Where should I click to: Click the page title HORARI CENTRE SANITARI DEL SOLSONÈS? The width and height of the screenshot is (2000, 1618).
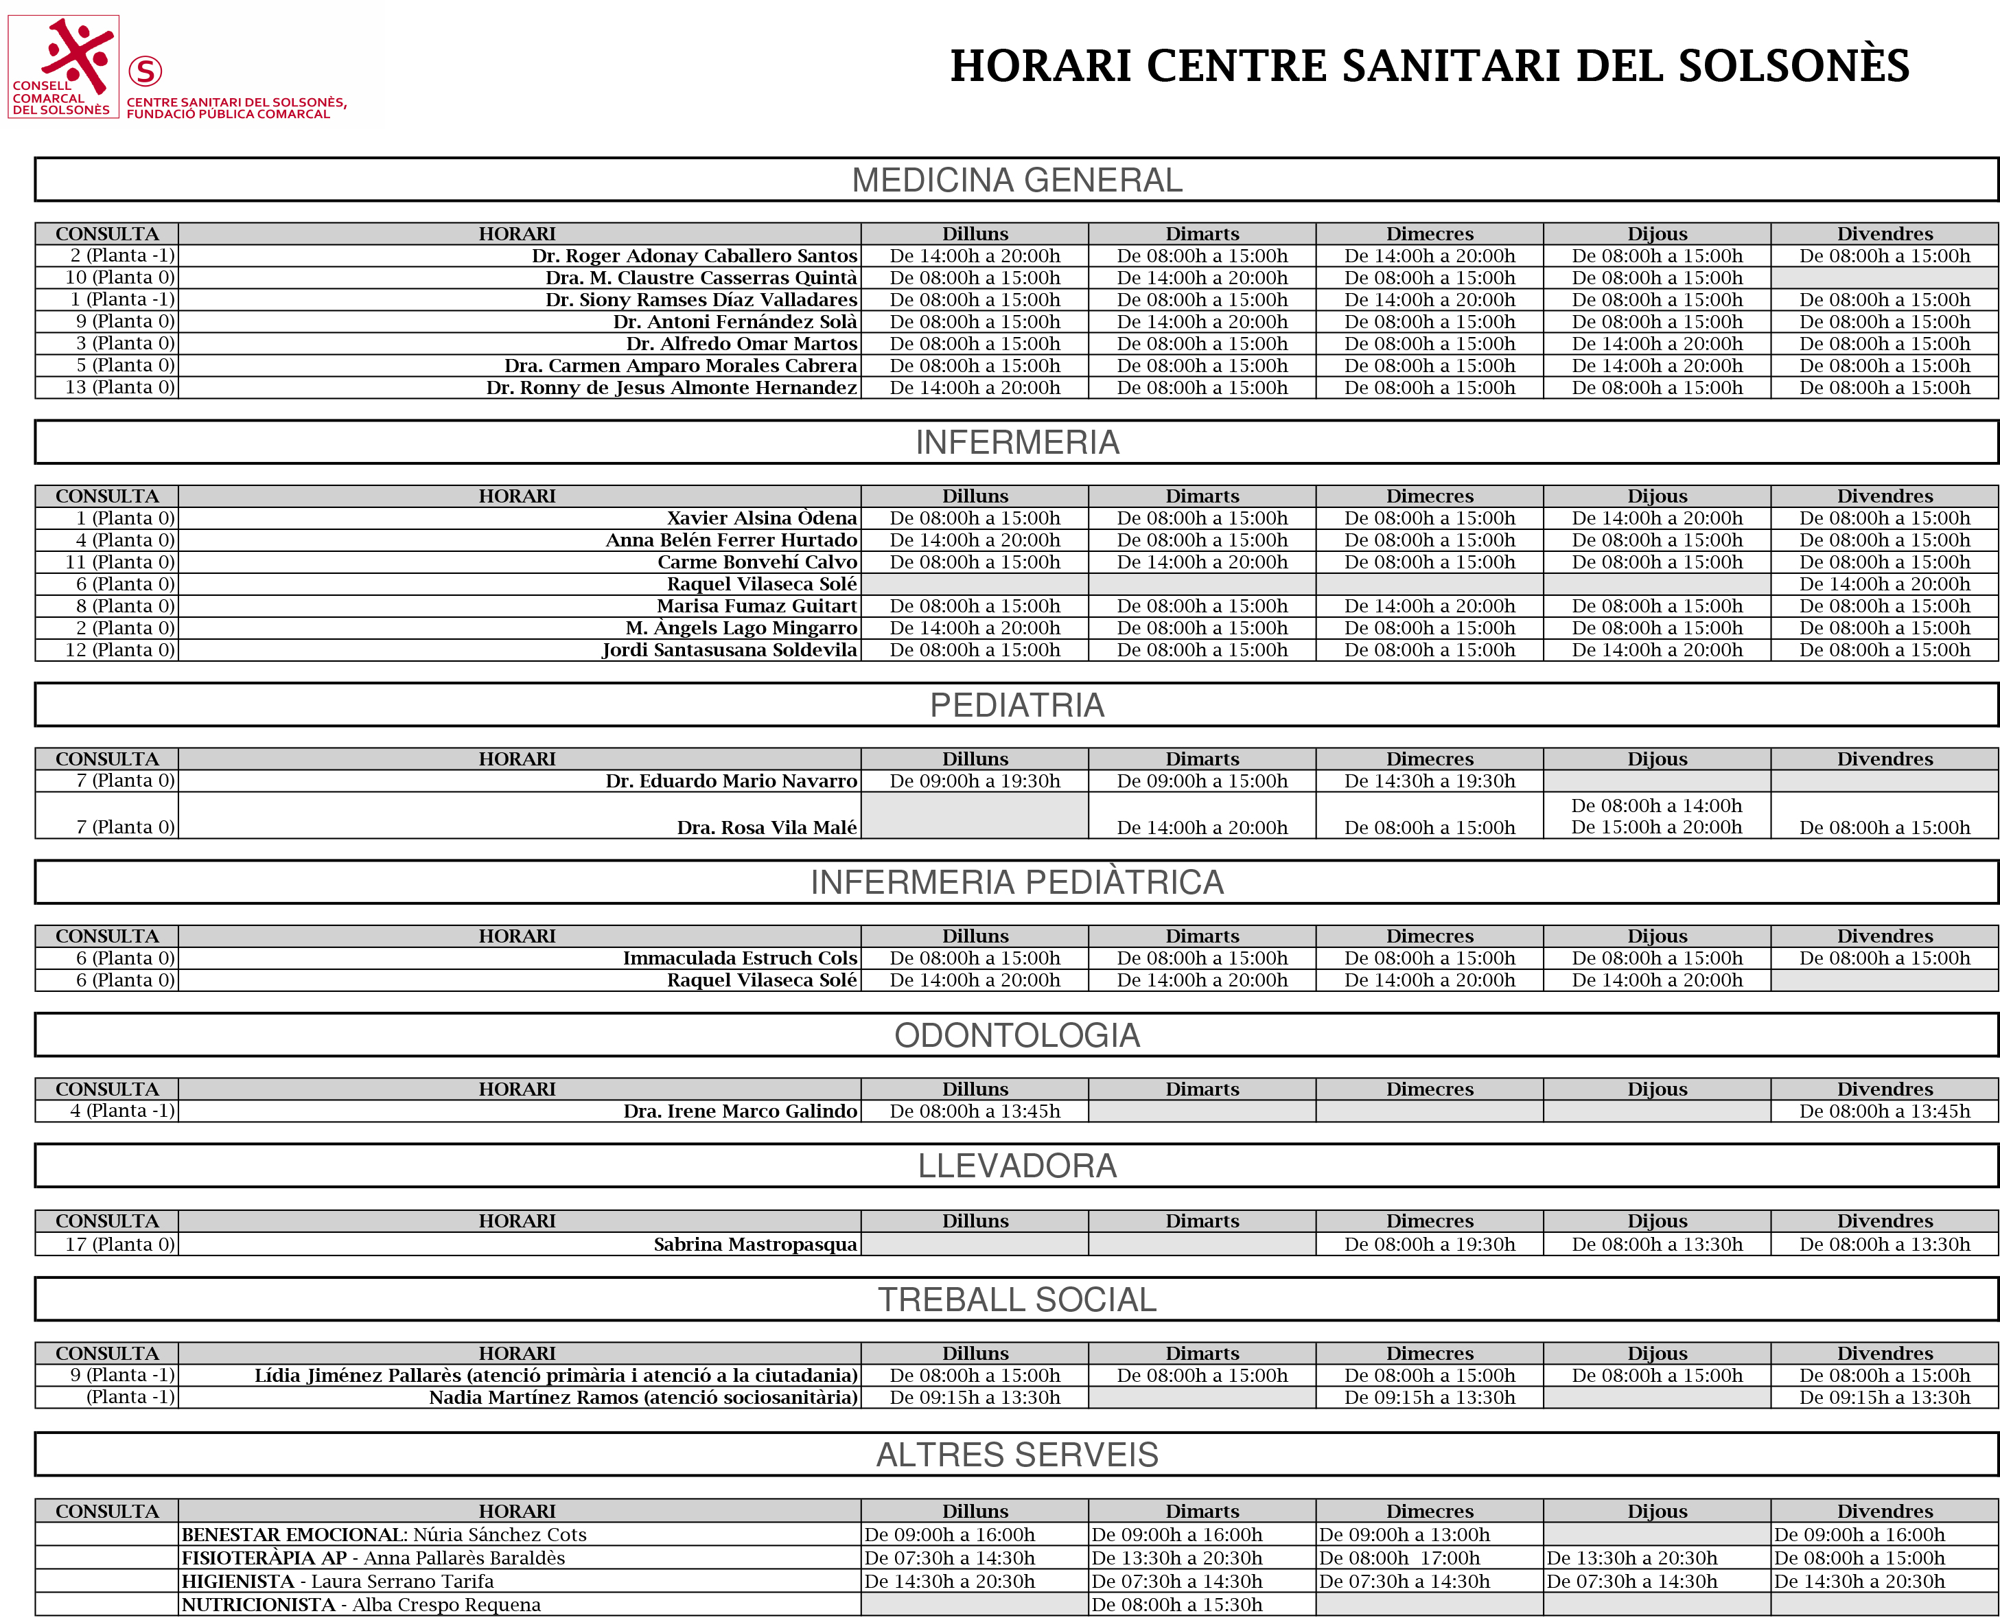[x=1429, y=66]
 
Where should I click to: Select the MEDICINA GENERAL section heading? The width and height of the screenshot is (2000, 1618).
[x=1016, y=180]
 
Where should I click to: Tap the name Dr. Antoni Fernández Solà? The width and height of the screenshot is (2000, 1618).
[x=734, y=321]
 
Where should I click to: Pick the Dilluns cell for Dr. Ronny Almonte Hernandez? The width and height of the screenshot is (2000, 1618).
[x=974, y=388]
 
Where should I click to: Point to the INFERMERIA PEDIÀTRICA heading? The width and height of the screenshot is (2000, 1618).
[x=1016, y=881]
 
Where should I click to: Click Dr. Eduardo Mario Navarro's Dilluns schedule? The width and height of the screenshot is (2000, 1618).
[x=974, y=781]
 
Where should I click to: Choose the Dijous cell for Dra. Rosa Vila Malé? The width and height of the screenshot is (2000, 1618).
[x=1656, y=816]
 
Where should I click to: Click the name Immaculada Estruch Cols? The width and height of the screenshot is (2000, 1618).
[x=739, y=958]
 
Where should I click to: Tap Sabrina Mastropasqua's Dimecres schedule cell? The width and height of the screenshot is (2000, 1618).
[x=1429, y=1245]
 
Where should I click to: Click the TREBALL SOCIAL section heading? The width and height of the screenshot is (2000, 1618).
[x=1016, y=1299]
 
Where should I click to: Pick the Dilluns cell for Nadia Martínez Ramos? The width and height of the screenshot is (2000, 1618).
[x=974, y=1397]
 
